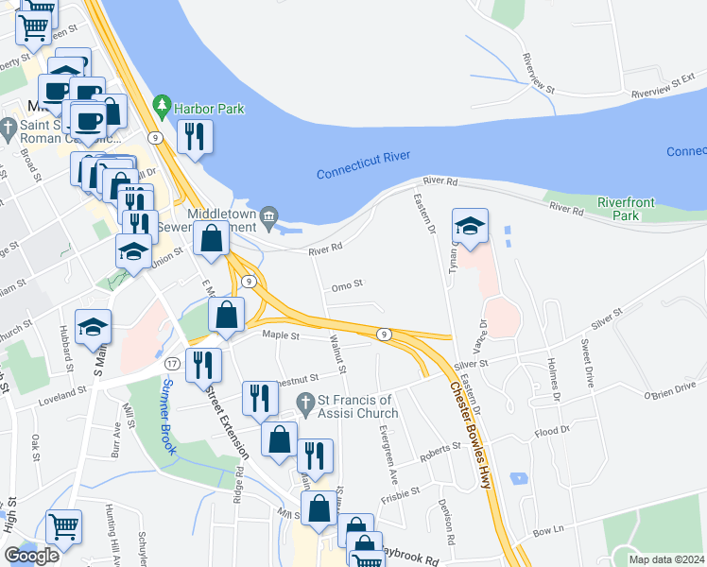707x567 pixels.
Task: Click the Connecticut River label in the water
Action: (368, 172)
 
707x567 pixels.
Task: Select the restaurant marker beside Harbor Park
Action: (195, 136)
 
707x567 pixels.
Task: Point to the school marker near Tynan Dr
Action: (470, 226)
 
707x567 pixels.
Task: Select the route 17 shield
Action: (172, 364)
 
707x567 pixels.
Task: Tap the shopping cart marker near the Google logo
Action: (63, 527)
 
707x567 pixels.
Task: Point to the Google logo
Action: (31, 556)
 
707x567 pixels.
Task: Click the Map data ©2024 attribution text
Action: (665, 559)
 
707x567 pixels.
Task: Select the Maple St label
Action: (282, 335)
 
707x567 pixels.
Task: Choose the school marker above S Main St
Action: (93, 327)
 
